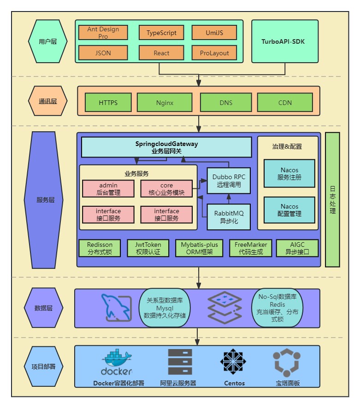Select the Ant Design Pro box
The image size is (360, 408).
point(103,33)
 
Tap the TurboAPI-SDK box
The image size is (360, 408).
point(284,41)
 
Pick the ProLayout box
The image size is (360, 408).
point(214,53)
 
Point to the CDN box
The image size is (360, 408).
point(285,102)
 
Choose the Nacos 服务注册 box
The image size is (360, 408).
point(289,174)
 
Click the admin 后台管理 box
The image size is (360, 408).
point(107,189)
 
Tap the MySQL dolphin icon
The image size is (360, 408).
point(118,307)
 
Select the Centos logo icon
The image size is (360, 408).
point(235,361)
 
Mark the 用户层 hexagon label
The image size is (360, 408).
point(48,41)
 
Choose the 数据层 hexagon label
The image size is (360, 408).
point(43,308)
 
